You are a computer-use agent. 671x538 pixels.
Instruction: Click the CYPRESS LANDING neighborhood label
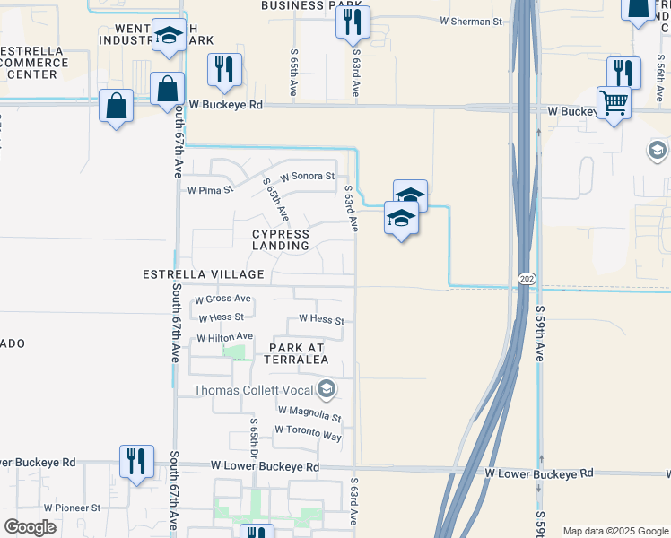point(280,239)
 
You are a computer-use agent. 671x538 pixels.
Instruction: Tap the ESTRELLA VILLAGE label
point(204,274)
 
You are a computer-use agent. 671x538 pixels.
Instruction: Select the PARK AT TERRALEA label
point(296,351)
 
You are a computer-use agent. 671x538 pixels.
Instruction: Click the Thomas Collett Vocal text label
point(254,389)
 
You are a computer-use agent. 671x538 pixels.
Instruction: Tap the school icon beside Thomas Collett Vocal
point(327,388)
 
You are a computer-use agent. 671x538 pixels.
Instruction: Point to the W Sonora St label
point(307,177)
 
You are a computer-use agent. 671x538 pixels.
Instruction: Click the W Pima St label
point(209,190)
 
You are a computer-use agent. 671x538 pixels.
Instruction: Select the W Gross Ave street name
point(222,299)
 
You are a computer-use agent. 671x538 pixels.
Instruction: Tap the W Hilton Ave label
point(226,337)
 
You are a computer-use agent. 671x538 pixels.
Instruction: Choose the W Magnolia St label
point(309,414)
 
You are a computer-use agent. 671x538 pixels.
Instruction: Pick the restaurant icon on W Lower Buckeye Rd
point(136,461)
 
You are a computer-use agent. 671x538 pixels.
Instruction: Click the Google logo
point(30,527)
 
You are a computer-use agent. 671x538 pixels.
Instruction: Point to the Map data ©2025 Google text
point(615,531)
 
